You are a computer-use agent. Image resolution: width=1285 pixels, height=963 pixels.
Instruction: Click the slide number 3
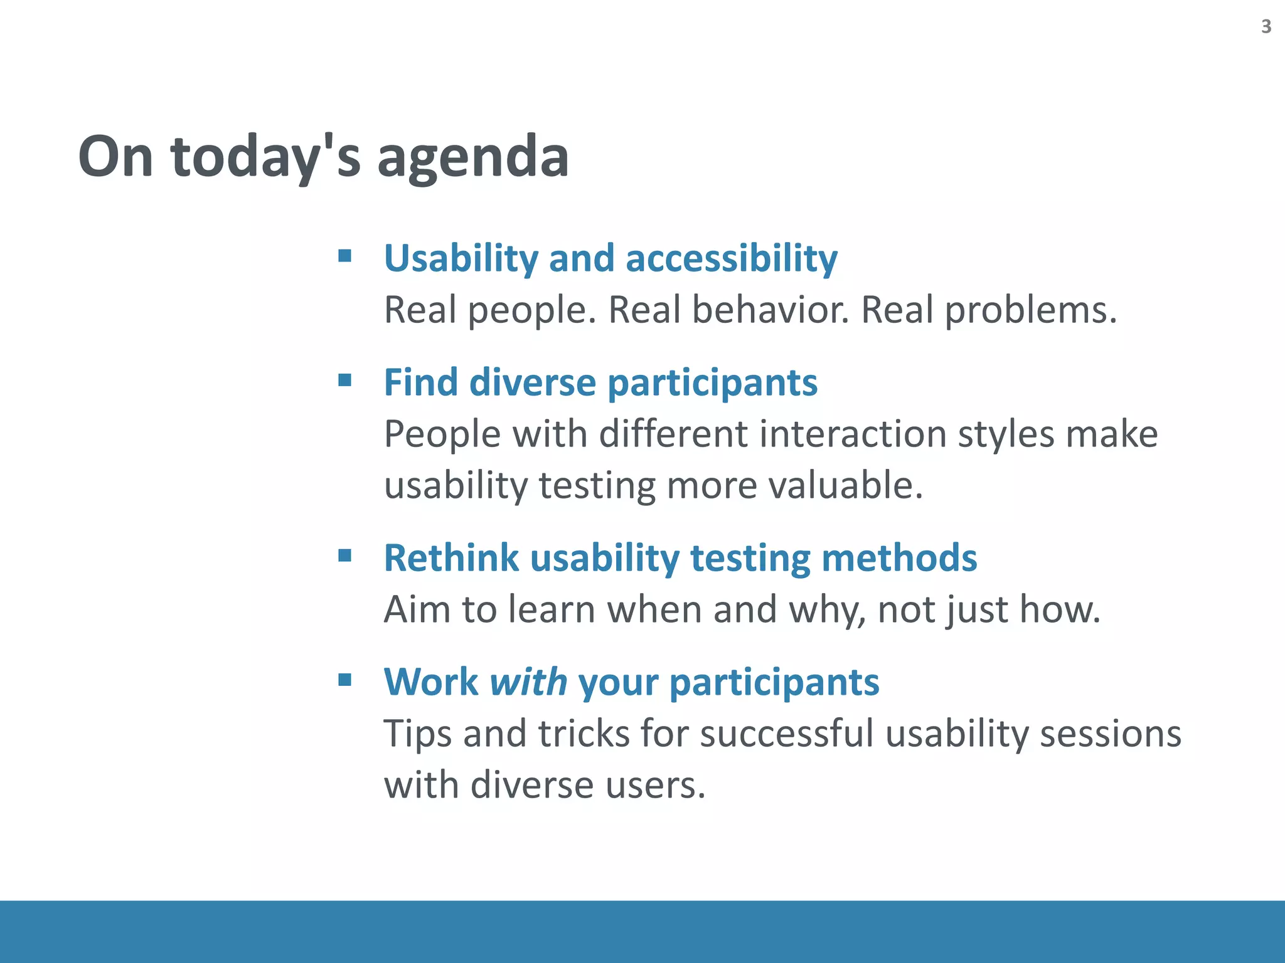tap(1266, 26)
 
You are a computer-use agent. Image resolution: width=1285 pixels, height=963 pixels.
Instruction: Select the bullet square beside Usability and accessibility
tap(344, 256)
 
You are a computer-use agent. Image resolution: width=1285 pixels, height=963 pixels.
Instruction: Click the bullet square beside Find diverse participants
tap(344, 380)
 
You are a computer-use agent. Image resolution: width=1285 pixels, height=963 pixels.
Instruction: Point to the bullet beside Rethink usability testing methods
tap(344, 555)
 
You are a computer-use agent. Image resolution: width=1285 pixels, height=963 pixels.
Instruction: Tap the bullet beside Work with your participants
tap(344, 680)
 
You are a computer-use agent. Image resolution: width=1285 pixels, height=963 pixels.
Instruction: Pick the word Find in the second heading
tap(420, 382)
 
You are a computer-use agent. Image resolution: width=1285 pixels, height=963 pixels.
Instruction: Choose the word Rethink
tap(451, 558)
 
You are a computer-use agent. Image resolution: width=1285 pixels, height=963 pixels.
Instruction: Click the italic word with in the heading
tap(528, 682)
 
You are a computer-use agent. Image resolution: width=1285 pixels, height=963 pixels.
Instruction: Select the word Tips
tap(417, 734)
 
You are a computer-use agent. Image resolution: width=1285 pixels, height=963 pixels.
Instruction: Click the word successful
tap(786, 734)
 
